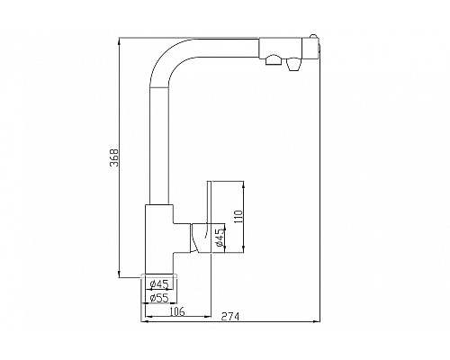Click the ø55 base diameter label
click(x=158, y=298)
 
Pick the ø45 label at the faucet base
click(x=158, y=285)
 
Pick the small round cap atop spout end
click(x=315, y=37)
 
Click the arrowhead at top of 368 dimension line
click(x=121, y=39)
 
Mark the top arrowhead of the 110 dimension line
click(x=243, y=183)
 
